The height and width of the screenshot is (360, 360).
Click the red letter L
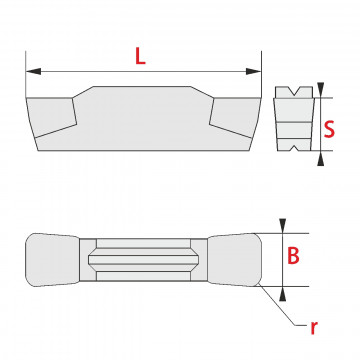140,56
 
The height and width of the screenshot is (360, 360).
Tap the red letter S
329,129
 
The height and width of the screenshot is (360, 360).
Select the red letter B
293,256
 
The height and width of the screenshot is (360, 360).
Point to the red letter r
314,328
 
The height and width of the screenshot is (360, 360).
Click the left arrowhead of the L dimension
33,71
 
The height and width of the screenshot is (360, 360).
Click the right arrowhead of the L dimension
253,71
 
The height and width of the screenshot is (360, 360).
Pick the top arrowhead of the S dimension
321,90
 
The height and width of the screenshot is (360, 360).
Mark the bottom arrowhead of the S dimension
321,158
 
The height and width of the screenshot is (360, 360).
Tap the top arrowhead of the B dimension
283,226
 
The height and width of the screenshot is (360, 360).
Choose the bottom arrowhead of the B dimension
283,294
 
